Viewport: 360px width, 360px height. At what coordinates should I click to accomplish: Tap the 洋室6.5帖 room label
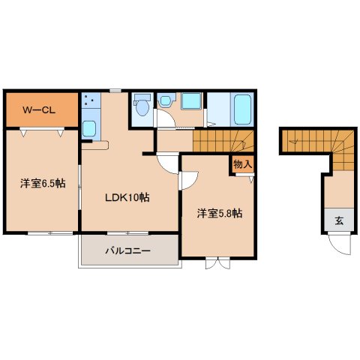point(40,184)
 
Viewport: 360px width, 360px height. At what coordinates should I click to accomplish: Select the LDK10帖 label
point(127,198)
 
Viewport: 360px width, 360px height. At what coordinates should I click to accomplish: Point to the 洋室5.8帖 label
point(219,212)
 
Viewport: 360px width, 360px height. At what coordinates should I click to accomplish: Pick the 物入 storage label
point(242,163)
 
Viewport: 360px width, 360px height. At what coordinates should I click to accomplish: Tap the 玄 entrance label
point(339,220)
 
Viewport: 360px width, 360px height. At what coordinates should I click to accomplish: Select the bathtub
point(242,110)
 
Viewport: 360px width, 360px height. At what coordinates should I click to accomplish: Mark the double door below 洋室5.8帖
point(216,263)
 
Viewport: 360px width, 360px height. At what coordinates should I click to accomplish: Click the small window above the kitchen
point(114,90)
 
